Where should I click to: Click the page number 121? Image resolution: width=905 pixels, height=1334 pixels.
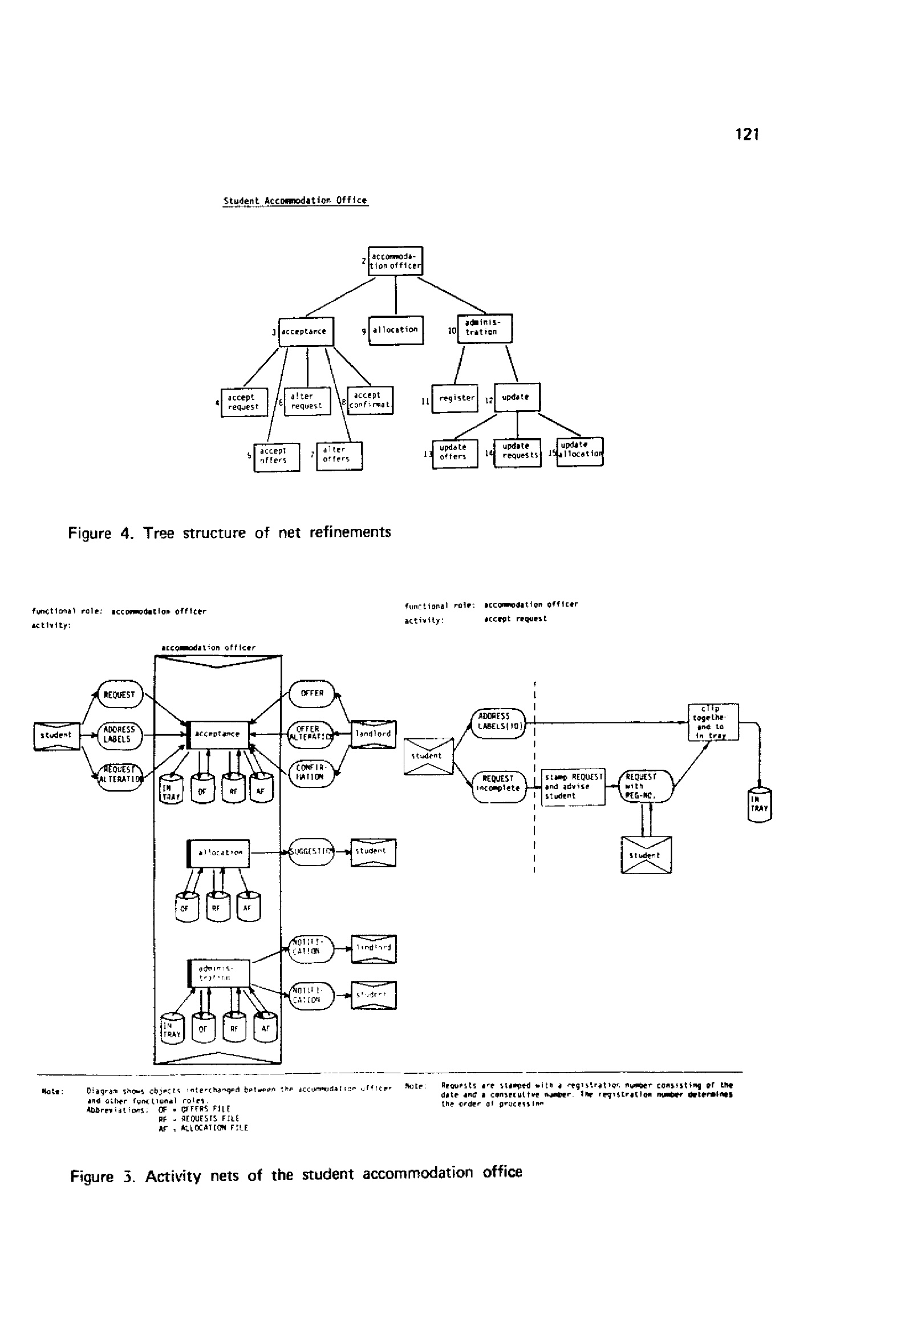tap(746, 134)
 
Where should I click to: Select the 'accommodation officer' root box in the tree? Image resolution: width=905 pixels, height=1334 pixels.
tap(395, 261)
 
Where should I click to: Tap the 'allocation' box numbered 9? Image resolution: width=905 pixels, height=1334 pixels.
tap(395, 330)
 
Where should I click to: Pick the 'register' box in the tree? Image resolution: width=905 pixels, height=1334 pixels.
tap(455, 398)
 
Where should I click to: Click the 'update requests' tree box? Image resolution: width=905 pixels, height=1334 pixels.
tap(518, 452)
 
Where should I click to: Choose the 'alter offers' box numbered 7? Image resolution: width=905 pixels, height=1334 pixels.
tap(339, 456)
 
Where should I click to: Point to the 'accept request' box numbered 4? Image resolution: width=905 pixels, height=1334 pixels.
tap(245, 402)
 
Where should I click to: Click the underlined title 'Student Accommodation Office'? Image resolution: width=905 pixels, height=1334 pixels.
tap(295, 201)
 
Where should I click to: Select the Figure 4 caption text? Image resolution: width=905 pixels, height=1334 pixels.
tap(230, 533)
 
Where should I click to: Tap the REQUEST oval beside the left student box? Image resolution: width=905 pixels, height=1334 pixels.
tap(119, 694)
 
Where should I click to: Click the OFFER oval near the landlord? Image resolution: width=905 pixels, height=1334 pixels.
tap(311, 693)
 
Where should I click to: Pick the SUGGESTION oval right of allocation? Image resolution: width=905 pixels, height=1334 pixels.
tap(310, 851)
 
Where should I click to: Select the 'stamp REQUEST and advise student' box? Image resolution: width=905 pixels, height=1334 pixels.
tap(573, 786)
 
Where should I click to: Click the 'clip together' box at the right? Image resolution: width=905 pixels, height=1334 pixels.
tap(713, 722)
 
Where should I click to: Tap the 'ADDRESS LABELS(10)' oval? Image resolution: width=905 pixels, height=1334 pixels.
tap(498, 723)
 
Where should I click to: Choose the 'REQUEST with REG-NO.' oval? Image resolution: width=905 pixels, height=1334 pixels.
tap(645, 786)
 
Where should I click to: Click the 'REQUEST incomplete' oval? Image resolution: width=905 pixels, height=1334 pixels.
tap(499, 785)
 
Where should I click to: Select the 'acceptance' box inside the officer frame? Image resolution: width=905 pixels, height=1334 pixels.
tap(218, 735)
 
